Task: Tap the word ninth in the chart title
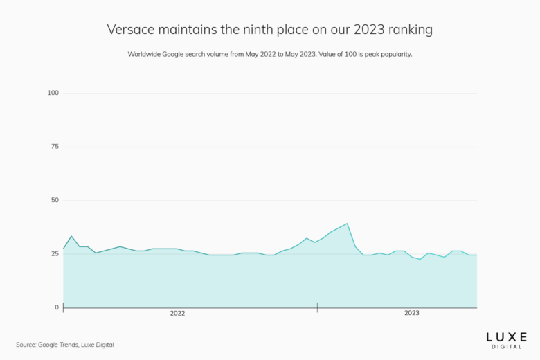(262, 30)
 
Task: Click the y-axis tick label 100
(53, 93)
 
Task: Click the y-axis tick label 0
(57, 307)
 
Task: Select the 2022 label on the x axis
(177, 314)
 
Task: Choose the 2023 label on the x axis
(412, 314)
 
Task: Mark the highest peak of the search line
(347, 224)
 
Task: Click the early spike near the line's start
(71, 236)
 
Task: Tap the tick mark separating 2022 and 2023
(317, 306)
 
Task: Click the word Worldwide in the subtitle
(146, 54)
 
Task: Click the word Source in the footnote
(26, 344)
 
